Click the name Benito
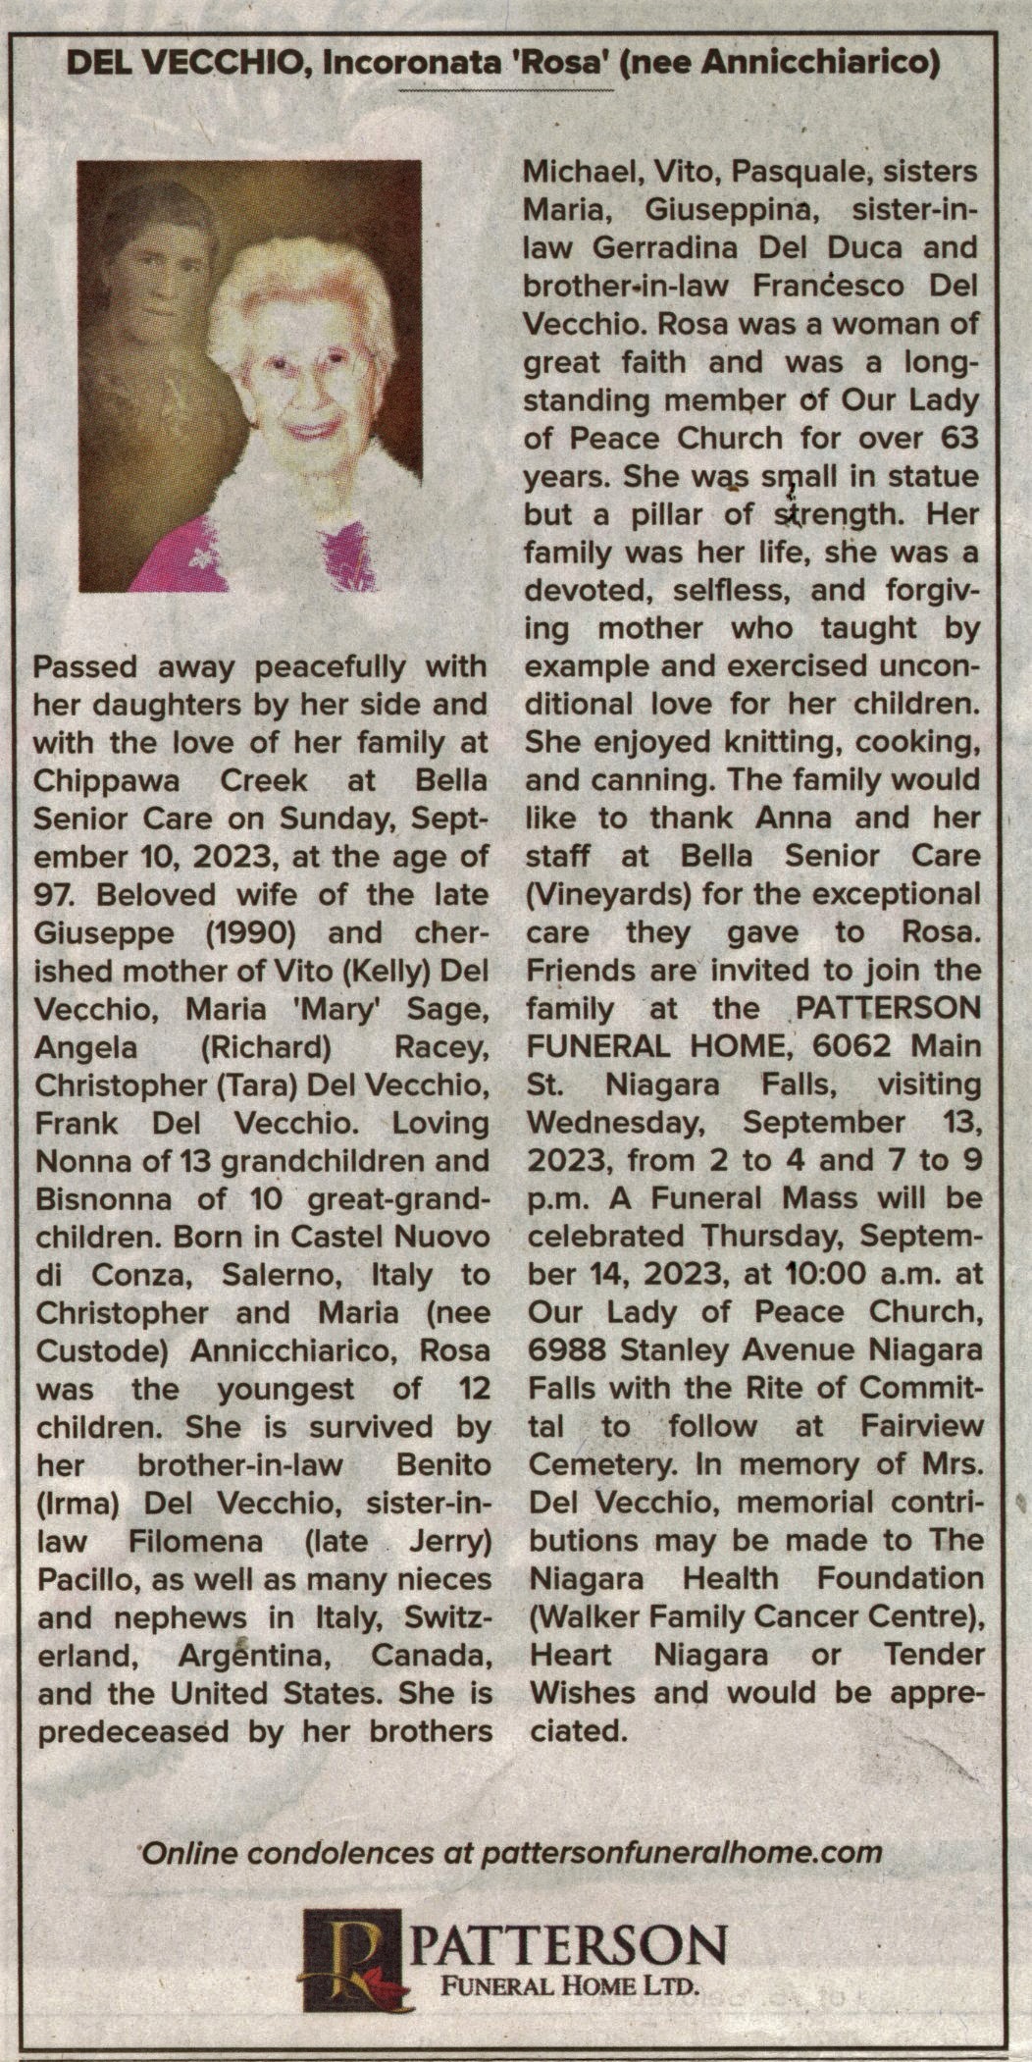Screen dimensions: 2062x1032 [x=441, y=1465]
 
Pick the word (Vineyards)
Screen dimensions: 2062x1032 [x=608, y=895]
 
